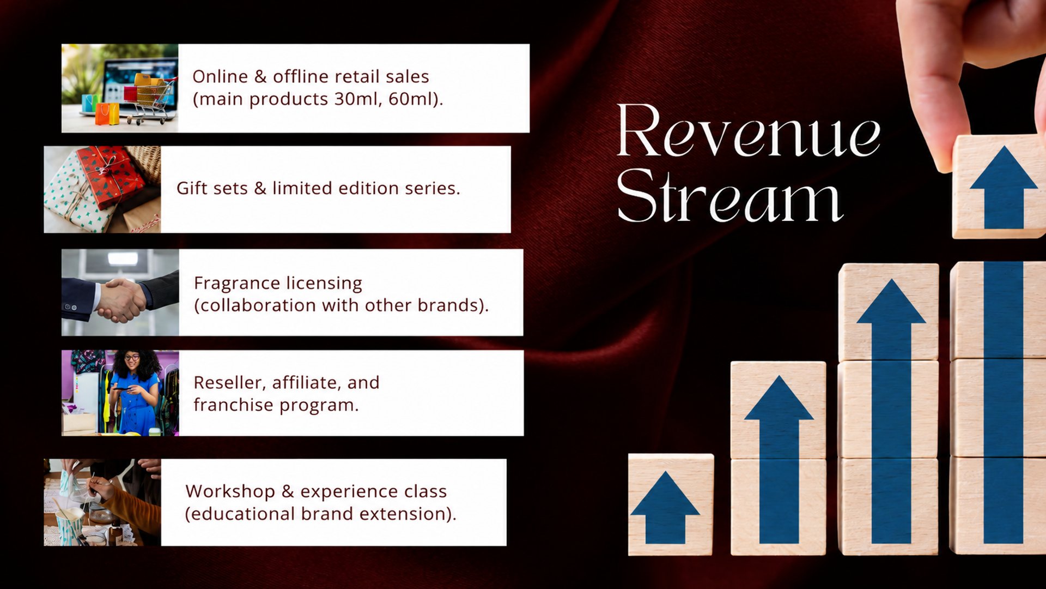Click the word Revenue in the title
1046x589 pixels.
pyautogui.click(x=749, y=130)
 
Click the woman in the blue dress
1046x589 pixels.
pyautogui.click(x=134, y=393)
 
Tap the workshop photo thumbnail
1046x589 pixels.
pyautogui.click(x=102, y=502)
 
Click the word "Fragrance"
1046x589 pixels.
pyautogui.click(x=237, y=284)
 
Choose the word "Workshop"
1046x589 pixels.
pyautogui.click(x=230, y=492)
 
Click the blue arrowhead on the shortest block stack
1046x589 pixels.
pyautogui.click(x=665, y=494)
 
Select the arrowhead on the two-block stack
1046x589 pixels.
pyautogui.click(x=779, y=398)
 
